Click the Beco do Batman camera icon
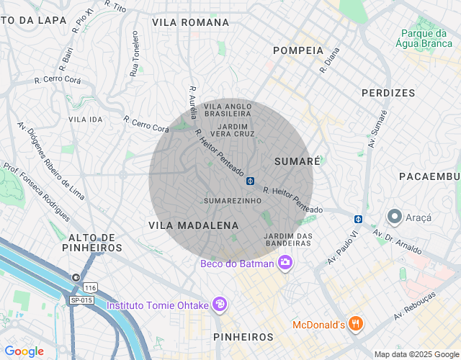(285, 263)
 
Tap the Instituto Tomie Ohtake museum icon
(220, 305)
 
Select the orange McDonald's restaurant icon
(354, 324)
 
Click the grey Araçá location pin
(395, 217)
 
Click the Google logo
(24, 351)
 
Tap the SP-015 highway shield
(81, 300)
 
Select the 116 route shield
(89, 287)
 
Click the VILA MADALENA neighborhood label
(193, 225)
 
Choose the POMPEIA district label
(298, 50)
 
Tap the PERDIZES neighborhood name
(388, 93)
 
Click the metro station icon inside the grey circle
(250, 181)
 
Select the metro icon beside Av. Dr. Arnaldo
(358, 219)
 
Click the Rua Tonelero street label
(134, 54)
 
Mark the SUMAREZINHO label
(231, 200)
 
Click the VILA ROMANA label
(190, 22)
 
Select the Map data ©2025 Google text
(416, 354)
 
